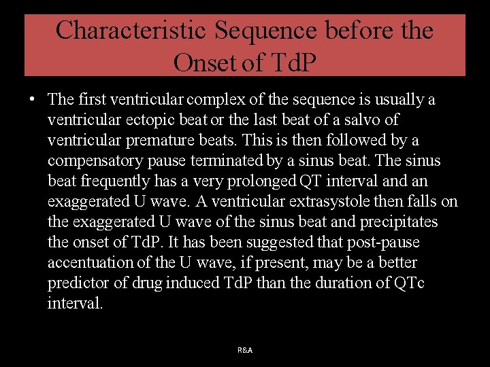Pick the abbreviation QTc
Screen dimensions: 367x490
408,283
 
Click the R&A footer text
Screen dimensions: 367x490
245,350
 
